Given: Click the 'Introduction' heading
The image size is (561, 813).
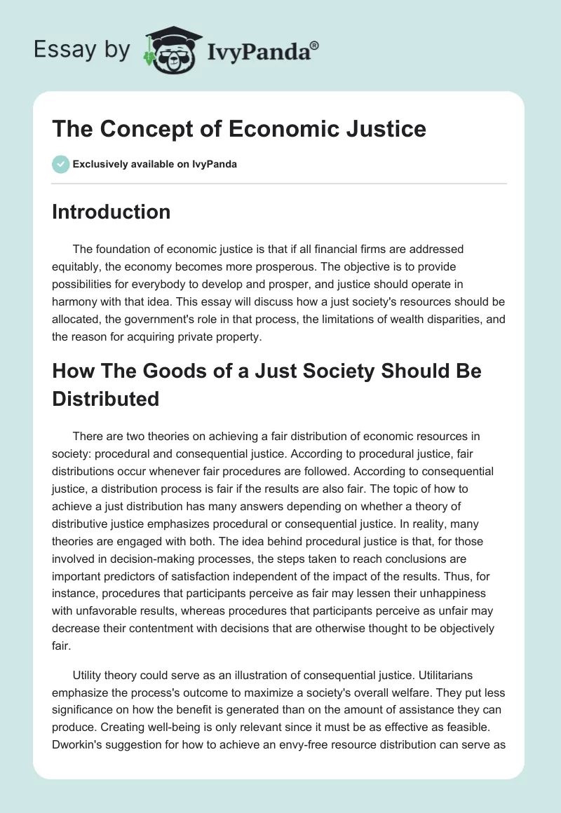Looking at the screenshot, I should (111, 212).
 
